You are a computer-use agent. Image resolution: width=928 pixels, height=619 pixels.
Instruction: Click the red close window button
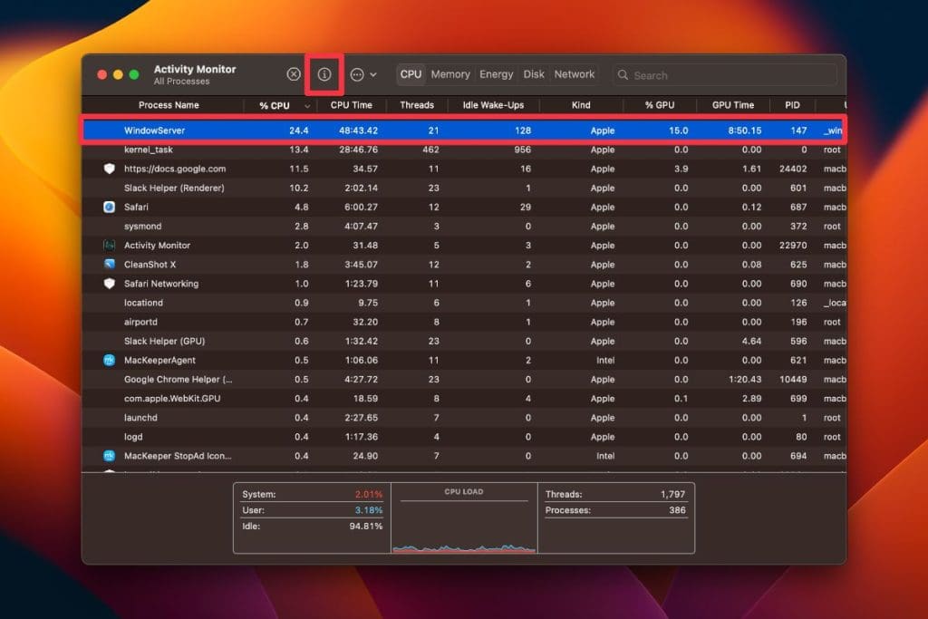(102, 74)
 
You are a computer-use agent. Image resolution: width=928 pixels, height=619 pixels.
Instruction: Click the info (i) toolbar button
(324, 74)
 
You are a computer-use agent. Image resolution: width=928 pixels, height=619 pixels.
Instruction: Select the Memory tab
(450, 74)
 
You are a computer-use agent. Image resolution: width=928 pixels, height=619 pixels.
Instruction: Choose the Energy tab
(496, 74)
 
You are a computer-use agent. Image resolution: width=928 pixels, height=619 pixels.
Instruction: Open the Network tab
(575, 74)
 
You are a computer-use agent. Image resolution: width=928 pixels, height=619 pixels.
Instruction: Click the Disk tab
(534, 74)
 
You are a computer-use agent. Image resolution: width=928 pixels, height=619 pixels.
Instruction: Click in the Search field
(725, 75)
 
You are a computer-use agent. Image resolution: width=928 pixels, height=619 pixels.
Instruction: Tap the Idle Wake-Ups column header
(493, 105)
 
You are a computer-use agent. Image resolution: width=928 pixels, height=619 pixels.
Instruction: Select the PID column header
(792, 105)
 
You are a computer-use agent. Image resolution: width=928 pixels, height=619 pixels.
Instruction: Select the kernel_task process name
(149, 150)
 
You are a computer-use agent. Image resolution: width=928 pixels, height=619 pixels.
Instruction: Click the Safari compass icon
(110, 207)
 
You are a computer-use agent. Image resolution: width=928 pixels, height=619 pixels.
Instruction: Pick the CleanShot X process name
(150, 265)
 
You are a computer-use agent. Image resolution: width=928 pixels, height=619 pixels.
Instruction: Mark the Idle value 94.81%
(366, 526)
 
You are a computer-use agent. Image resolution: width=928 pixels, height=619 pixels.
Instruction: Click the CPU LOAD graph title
(464, 492)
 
